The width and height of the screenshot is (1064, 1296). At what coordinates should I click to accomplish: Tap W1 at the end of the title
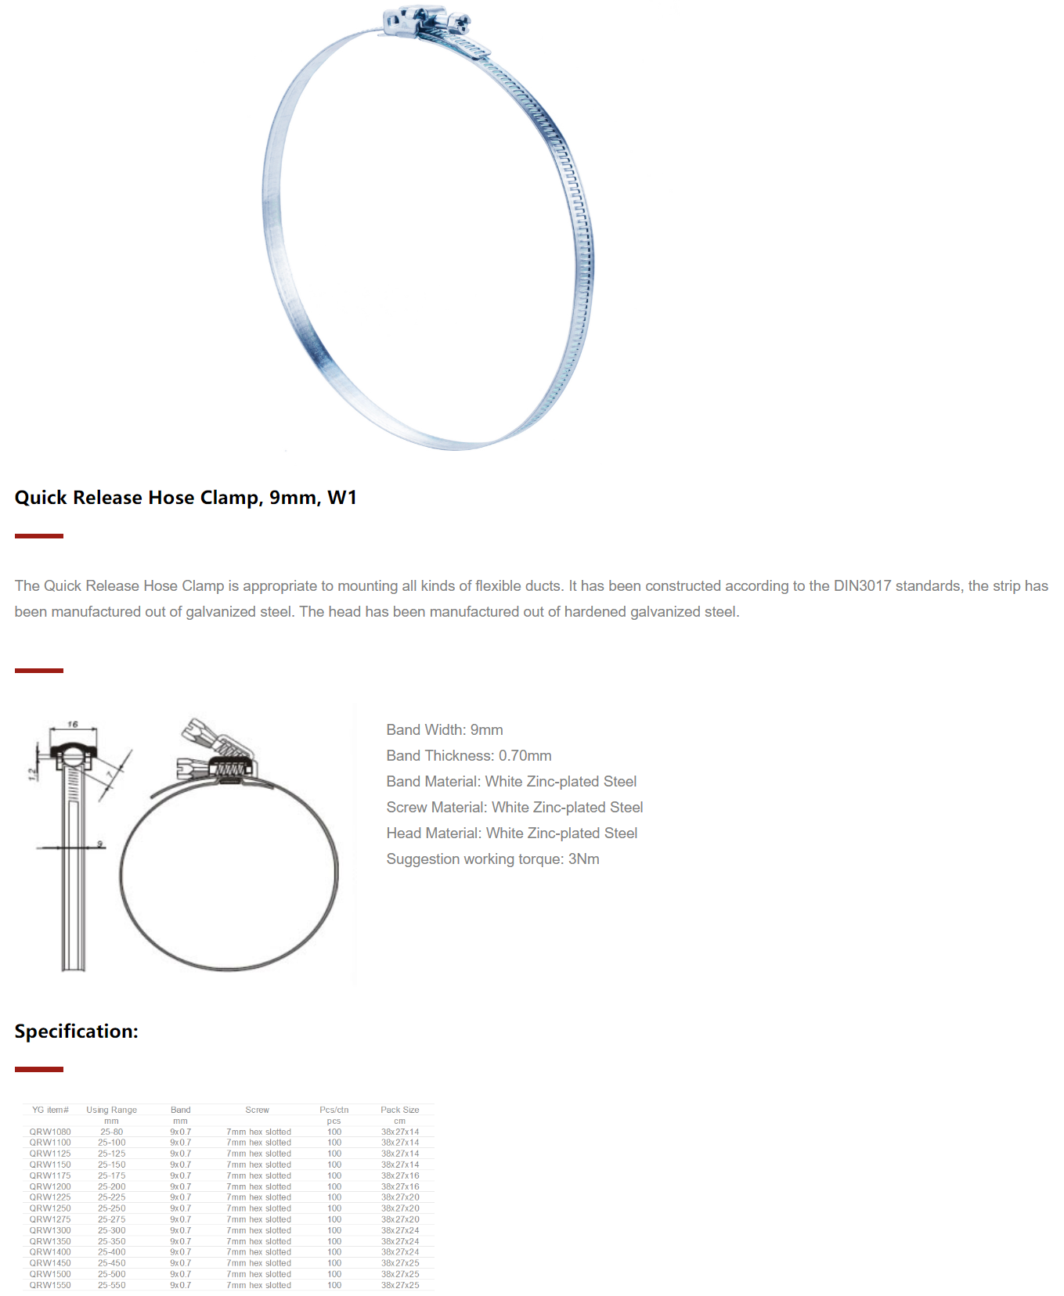click(x=342, y=498)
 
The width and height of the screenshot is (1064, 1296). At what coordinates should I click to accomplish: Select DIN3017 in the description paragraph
click(x=862, y=586)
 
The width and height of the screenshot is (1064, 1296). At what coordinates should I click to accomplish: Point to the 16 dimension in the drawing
click(x=73, y=725)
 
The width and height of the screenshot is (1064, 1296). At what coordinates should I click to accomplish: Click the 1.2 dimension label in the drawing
click(x=32, y=774)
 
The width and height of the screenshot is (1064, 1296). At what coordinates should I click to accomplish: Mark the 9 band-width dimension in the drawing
click(x=99, y=844)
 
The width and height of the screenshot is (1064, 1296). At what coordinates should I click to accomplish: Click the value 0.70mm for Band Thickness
click(x=525, y=756)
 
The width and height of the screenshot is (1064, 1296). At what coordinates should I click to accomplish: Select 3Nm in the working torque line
click(x=583, y=859)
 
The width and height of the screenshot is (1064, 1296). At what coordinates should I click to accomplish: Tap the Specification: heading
click(x=76, y=1031)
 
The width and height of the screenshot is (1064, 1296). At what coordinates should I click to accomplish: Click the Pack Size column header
click(x=399, y=1110)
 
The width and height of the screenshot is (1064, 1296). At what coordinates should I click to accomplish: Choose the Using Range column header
click(x=111, y=1110)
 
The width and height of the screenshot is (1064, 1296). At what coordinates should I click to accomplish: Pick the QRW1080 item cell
click(x=50, y=1132)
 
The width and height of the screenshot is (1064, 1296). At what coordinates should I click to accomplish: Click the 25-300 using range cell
click(x=111, y=1230)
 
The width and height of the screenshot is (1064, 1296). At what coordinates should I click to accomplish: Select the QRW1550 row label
click(x=50, y=1285)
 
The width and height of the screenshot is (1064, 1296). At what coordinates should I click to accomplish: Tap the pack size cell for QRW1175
click(x=399, y=1175)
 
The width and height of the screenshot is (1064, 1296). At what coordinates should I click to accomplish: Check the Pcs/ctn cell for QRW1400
click(x=334, y=1252)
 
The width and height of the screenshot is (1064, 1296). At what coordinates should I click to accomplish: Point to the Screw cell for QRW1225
click(x=258, y=1197)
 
